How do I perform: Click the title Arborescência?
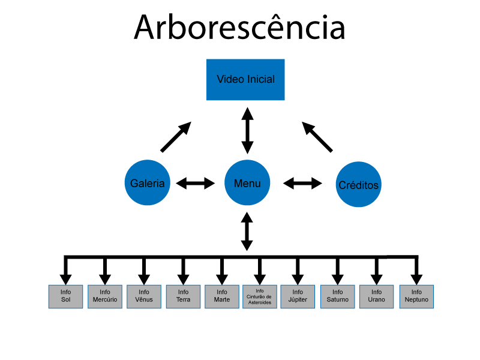click(x=239, y=27)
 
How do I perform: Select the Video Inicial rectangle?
click(x=245, y=79)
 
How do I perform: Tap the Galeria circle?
click(x=147, y=183)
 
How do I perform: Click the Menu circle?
click(x=247, y=183)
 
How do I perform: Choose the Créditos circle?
click(x=358, y=185)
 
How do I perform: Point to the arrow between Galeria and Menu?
click(x=196, y=183)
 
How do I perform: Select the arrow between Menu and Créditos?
click(x=302, y=183)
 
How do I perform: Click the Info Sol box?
click(x=65, y=296)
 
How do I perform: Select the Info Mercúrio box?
click(x=105, y=296)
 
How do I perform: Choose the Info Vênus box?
click(x=144, y=296)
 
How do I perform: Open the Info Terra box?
click(x=183, y=296)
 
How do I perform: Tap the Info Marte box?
click(x=221, y=296)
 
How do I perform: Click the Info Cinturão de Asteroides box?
click(x=260, y=296)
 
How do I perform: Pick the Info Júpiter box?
click(x=298, y=296)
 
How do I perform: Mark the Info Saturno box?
click(x=337, y=296)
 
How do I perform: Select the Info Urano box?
click(x=377, y=296)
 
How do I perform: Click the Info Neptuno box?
click(x=416, y=296)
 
